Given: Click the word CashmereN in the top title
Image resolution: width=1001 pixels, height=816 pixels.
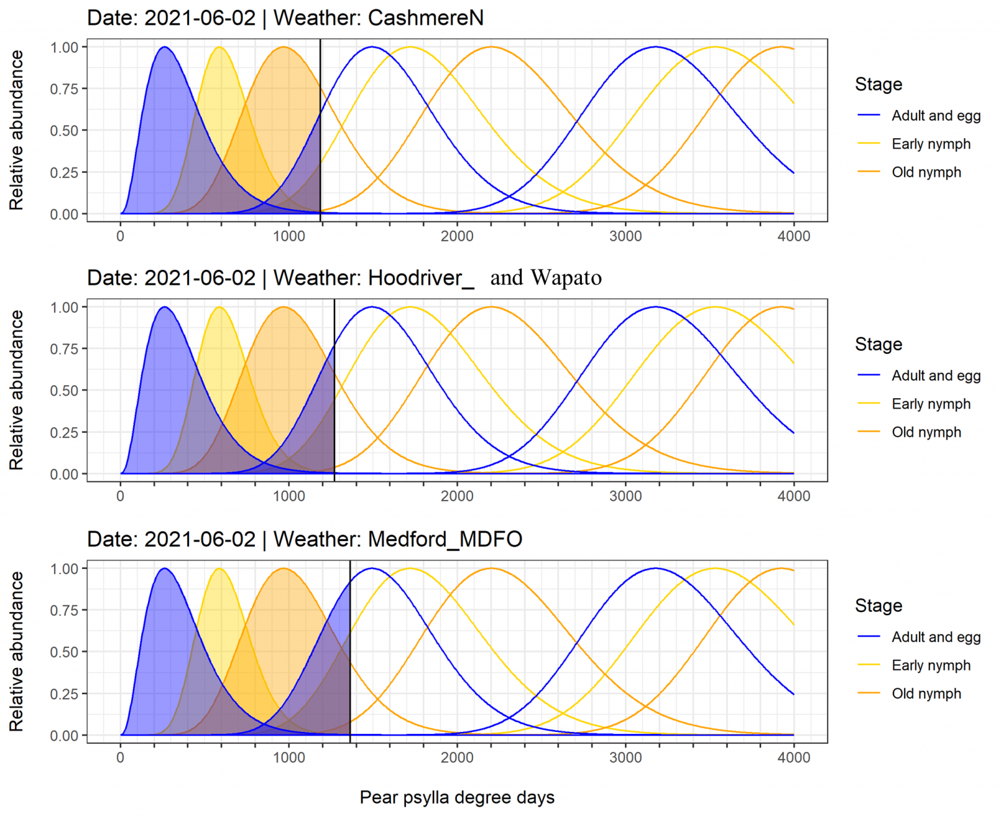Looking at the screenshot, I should point(426,18).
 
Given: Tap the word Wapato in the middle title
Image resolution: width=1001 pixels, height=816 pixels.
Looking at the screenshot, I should point(566,278).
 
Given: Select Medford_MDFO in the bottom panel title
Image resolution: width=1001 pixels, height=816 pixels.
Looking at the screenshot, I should point(445,539).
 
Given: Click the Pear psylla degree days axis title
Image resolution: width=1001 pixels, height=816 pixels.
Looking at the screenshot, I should point(457,797).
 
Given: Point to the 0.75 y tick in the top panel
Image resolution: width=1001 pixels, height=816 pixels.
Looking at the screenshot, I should point(64,89).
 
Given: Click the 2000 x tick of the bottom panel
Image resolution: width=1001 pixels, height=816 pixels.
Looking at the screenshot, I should point(457,757).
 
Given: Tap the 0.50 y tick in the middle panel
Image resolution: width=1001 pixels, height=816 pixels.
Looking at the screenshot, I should point(64,390).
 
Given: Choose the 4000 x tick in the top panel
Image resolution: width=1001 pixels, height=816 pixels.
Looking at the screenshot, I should point(794,236).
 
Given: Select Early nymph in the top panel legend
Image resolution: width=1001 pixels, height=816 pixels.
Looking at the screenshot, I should point(931,144).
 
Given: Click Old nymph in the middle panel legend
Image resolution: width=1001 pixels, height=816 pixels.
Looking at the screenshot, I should point(926,432).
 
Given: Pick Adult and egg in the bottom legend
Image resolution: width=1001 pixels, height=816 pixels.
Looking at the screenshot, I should point(936,637).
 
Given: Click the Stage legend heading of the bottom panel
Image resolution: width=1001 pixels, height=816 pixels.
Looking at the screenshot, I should point(878,605).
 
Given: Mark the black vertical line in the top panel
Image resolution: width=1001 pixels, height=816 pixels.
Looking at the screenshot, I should point(320,130).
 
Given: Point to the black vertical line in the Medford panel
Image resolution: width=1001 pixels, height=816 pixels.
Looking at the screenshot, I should point(350,652).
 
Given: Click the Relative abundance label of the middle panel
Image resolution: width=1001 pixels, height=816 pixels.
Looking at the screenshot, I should point(16,390).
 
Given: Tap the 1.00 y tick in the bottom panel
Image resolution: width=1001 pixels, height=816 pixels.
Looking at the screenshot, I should point(64,568).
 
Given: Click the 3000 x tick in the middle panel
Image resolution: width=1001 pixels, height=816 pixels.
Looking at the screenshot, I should point(626,496).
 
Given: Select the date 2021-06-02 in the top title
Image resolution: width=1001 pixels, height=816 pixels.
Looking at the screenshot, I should point(200,18).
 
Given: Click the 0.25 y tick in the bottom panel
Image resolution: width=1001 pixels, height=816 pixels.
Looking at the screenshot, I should point(64,693).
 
